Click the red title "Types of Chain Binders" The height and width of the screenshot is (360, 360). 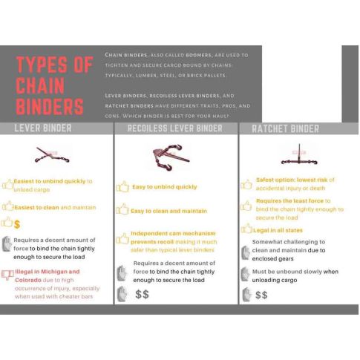(x=54, y=85)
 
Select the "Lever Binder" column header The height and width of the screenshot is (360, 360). (x=43, y=128)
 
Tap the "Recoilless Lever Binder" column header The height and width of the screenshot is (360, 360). (x=175, y=128)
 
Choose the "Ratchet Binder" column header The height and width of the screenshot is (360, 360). (x=286, y=129)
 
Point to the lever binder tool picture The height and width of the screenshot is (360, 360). (x=52, y=155)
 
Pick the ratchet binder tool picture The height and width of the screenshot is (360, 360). (x=299, y=155)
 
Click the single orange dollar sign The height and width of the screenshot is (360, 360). (x=17, y=224)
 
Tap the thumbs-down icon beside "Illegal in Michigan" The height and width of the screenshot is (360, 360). (x=7, y=275)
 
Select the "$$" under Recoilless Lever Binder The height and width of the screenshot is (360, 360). (x=143, y=295)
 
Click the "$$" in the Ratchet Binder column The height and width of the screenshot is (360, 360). (x=261, y=295)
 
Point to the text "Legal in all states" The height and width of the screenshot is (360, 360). (x=278, y=230)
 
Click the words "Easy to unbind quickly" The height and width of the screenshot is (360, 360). (x=165, y=187)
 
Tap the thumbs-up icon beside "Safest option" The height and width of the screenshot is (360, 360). (x=246, y=185)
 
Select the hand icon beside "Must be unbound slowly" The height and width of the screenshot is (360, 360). (x=246, y=274)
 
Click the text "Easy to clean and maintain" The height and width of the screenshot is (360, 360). (x=168, y=211)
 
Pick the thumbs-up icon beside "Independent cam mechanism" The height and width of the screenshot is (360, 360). (x=122, y=238)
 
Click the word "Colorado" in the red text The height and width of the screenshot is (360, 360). (x=28, y=280)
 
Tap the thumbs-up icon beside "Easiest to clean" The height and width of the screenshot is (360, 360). (x=7, y=206)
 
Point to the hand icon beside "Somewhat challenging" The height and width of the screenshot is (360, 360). (x=246, y=252)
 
